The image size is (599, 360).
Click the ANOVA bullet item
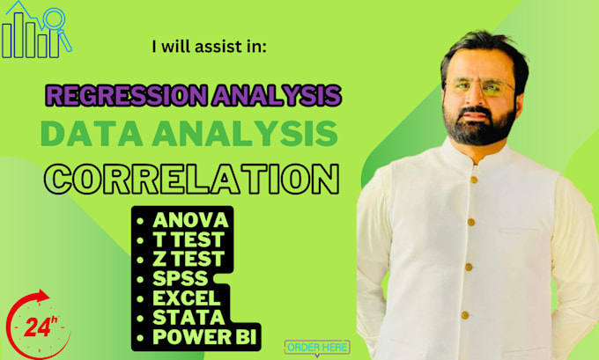(x=191, y=218)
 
